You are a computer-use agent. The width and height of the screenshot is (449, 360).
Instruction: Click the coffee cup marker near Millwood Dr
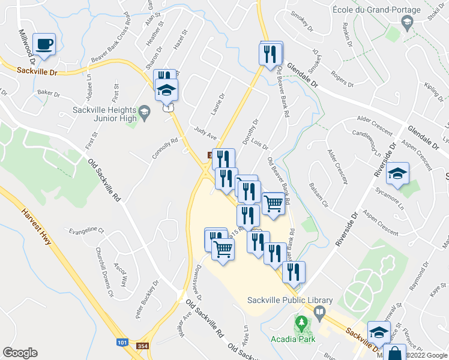(x=44, y=44)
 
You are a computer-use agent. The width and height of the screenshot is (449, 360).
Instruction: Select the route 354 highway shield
(x=142, y=346)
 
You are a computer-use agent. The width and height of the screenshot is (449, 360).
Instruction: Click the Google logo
(x=20, y=353)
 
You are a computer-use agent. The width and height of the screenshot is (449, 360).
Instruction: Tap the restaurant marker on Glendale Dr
(x=270, y=54)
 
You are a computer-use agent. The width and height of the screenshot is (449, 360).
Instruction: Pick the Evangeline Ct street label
(x=86, y=230)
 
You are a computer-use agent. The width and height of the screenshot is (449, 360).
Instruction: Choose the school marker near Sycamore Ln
(x=397, y=173)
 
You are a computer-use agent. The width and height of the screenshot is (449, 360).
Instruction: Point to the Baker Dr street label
(x=50, y=94)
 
